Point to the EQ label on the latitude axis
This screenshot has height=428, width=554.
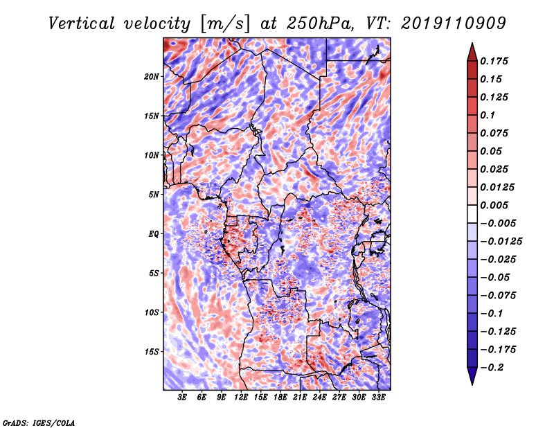click(154, 234)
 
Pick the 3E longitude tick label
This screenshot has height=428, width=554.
click(183, 398)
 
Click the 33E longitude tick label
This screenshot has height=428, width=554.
click(378, 398)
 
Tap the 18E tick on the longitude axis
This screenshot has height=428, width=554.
click(280, 398)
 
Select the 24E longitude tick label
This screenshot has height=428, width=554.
click(319, 398)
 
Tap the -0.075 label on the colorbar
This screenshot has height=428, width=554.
click(500, 295)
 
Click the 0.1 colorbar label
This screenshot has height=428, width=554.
click(491, 115)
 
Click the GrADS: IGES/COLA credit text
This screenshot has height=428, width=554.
click(38, 422)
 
